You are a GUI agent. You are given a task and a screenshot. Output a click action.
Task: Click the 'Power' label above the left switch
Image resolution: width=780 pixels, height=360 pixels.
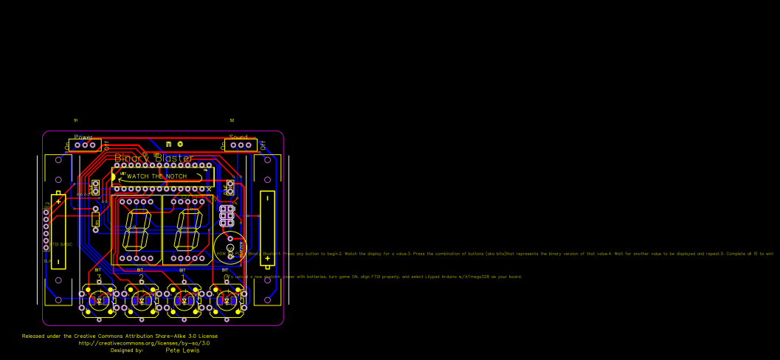pos(83,137)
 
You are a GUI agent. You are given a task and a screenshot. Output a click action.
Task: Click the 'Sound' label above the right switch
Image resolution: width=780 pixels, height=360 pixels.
pos(238,137)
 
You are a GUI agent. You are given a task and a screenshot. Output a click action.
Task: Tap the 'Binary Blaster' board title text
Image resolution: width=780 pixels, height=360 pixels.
pos(154,158)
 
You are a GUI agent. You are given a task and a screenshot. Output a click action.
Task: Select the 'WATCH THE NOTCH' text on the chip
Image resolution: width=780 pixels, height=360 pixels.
pos(156,176)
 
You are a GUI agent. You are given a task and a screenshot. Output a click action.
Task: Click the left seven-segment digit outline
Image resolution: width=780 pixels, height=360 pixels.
pos(138,229)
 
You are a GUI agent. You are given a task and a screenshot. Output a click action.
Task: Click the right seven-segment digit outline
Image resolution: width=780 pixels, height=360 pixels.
pos(188,229)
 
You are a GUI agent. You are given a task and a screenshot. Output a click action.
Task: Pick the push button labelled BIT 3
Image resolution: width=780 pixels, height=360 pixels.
pos(99,300)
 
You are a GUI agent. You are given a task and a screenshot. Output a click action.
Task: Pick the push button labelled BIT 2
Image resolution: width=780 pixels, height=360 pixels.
pos(141,300)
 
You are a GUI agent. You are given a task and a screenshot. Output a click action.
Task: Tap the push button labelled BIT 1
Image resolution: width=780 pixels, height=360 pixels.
pos(183,300)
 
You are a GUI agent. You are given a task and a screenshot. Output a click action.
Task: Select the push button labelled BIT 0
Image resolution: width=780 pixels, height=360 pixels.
pos(225,300)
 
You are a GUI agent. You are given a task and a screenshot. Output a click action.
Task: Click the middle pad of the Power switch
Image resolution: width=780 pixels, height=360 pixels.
pos(86,145)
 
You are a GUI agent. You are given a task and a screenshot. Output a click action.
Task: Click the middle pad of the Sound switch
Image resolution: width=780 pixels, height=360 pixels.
pos(241,145)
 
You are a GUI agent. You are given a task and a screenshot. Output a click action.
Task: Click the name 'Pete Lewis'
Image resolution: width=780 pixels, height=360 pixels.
pos(182,350)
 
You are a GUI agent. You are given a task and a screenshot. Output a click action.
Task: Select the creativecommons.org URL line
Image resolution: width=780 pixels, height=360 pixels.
pos(144,343)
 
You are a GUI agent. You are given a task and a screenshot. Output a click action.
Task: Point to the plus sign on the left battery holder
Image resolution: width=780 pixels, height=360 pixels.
pos(58,201)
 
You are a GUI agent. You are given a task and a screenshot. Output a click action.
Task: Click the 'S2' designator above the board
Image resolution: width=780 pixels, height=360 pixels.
pos(232,120)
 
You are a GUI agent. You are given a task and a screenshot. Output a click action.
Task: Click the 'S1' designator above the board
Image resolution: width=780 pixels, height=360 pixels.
pos(75,120)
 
